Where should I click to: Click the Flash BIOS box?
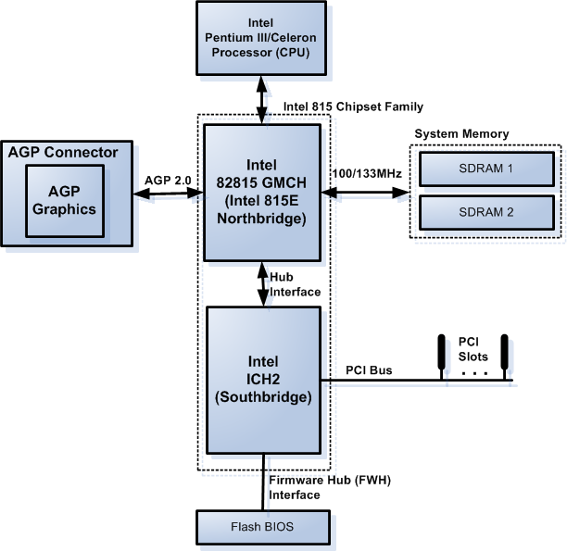point(263,527)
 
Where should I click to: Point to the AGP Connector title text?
point(63,152)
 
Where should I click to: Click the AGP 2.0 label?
point(168,180)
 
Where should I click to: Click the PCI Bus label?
point(369,370)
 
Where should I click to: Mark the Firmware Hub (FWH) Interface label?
point(309,487)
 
